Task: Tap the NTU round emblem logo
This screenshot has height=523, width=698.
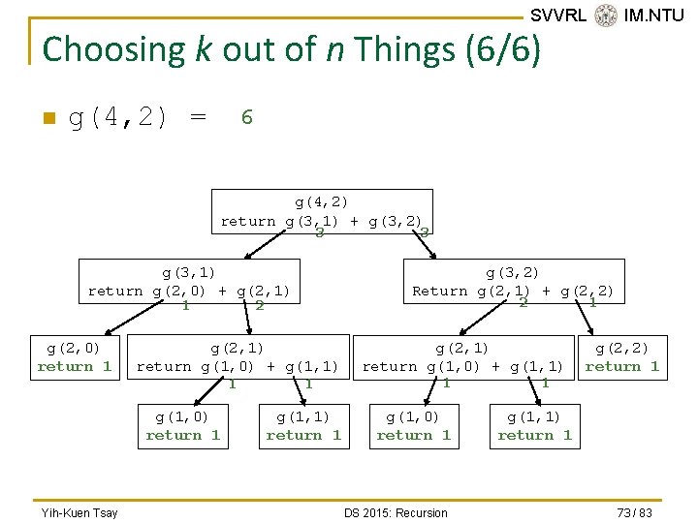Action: click(x=606, y=15)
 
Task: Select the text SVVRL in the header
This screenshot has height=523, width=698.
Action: click(x=558, y=15)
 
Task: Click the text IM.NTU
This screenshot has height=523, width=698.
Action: click(x=653, y=15)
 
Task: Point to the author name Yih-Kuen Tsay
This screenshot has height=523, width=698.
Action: click(x=79, y=512)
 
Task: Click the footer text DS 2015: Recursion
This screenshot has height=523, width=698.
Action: click(x=396, y=512)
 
